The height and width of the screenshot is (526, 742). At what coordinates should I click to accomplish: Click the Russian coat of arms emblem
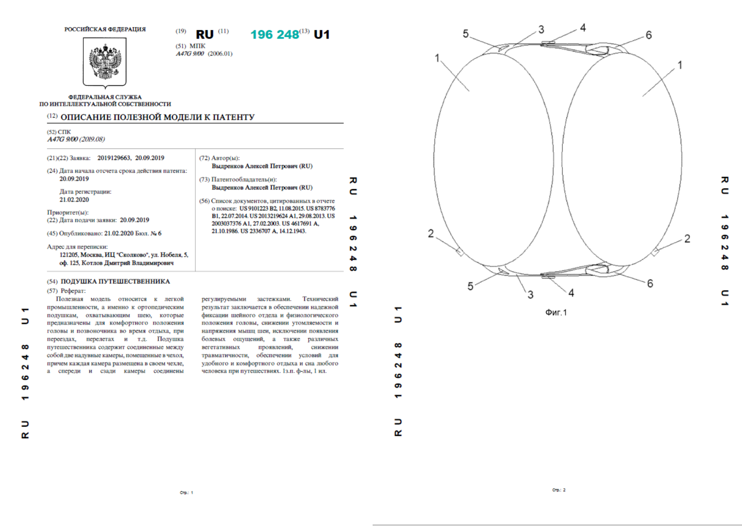click(104, 62)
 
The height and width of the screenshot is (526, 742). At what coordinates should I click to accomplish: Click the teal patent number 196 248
click(274, 34)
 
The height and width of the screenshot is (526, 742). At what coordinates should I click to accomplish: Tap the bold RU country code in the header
click(205, 34)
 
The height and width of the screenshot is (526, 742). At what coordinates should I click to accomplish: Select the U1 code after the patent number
click(321, 34)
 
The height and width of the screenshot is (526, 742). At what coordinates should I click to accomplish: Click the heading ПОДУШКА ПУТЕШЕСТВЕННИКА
click(115, 281)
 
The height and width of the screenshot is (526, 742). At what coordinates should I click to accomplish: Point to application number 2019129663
click(114, 158)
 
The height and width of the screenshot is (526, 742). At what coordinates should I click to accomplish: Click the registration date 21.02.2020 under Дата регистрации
click(74, 200)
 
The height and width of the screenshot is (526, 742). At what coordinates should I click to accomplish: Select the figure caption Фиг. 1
click(556, 313)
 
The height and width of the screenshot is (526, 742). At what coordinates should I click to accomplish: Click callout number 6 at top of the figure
click(649, 35)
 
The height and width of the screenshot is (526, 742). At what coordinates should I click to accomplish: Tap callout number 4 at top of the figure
click(583, 28)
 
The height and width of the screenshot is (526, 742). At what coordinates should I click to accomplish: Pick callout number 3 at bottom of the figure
click(530, 295)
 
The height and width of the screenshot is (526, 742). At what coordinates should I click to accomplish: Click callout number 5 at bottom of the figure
click(470, 286)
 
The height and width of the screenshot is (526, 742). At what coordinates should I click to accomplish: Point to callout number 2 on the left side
click(431, 234)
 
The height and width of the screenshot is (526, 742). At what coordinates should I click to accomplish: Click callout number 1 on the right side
click(680, 65)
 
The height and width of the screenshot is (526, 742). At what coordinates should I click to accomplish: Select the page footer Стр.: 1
click(186, 492)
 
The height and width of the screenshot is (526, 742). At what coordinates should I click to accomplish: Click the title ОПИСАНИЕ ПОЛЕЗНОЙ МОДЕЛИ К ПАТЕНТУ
click(157, 117)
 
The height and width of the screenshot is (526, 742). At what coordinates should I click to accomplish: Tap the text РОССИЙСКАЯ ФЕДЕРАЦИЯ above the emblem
click(105, 29)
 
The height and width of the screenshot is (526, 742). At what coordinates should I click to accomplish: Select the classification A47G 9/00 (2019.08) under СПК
click(76, 139)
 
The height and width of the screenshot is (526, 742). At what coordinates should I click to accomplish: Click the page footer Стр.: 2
click(559, 490)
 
